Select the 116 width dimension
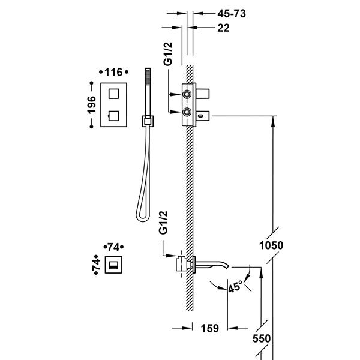tap(113, 73)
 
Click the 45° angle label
tap(235, 287)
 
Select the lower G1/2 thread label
tap(162, 222)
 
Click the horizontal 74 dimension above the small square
tap(112, 247)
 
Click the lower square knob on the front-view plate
tap(113, 113)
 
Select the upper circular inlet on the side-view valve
tap(188, 94)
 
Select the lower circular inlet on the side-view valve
tap(188, 112)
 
